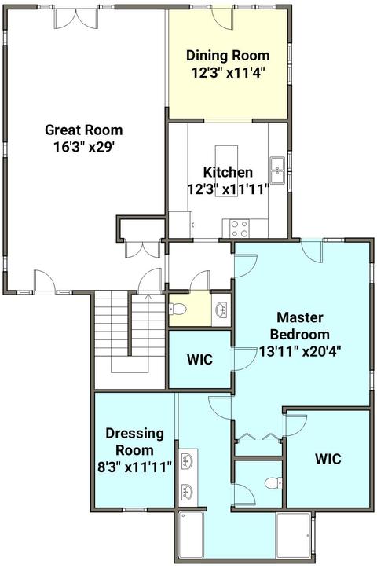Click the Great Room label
[x=84, y=130]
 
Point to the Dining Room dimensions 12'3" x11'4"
[x=228, y=73]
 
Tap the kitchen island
[x=227, y=171]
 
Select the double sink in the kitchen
[x=278, y=170]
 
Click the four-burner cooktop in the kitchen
[x=240, y=229]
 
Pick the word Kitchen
[x=228, y=172]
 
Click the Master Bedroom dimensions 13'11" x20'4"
[x=300, y=351]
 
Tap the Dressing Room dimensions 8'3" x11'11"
[x=134, y=467]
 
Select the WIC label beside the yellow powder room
[x=199, y=359]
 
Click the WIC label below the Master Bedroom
[x=328, y=459]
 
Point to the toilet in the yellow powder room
[x=178, y=309]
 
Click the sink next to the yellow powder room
[x=221, y=310]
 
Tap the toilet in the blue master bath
[x=274, y=483]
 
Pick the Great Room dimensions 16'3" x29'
[x=84, y=147]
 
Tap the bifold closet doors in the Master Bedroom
[x=258, y=437]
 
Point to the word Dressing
[x=134, y=434]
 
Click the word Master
[x=300, y=317]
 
